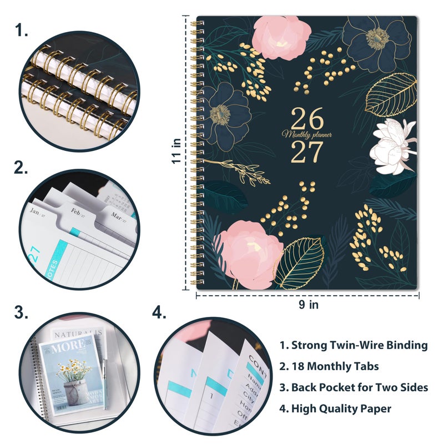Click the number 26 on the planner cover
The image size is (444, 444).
click(307, 118)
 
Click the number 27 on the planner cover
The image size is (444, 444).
click(307, 151)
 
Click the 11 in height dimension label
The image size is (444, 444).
click(176, 150)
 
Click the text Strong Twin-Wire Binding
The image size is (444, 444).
click(354, 345)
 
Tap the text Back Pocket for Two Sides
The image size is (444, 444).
click(354, 387)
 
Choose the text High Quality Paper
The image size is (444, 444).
click(335, 408)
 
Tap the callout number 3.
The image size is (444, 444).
click(21, 313)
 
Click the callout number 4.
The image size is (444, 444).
click(159, 313)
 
